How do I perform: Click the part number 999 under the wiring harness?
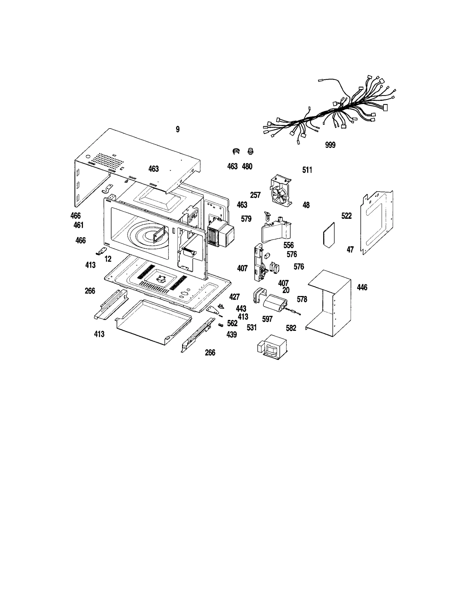coord(330,145)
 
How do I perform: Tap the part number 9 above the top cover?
coord(177,129)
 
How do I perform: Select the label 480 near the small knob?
coord(247,166)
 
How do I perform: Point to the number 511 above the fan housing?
coord(307,170)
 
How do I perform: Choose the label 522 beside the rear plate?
coord(346,216)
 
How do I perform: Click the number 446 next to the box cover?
coord(362,287)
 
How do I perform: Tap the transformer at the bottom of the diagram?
coord(272,348)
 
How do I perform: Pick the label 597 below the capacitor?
coord(267,319)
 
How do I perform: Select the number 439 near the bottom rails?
coord(232,335)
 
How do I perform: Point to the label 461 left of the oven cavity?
coord(78,225)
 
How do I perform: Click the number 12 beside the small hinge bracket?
coord(108,259)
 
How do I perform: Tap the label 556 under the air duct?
coord(288,245)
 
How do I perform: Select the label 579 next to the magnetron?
coord(246,219)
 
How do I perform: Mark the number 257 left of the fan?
coord(255,195)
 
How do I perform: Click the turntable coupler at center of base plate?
coord(160,279)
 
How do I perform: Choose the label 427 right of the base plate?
coord(234,297)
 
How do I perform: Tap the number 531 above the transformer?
coord(252,327)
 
